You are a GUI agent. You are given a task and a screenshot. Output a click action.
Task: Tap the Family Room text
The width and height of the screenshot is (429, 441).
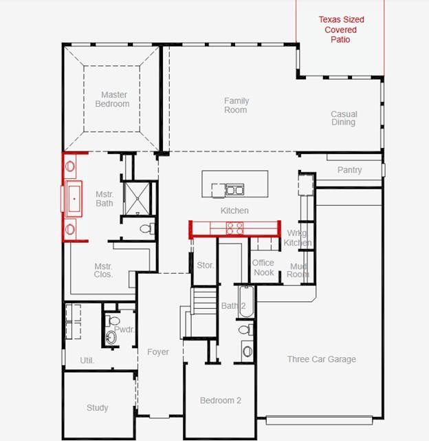click(x=236, y=105)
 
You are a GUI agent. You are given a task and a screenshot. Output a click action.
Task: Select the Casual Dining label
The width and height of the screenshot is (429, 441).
click(x=343, y=118)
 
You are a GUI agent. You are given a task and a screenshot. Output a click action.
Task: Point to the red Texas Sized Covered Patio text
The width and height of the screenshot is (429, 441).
click(x=341, y=30)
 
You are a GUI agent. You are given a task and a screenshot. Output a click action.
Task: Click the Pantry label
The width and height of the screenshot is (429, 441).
click(x=349, y=170)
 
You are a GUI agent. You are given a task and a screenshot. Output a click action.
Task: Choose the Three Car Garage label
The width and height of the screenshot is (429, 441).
click(x=321, y=359)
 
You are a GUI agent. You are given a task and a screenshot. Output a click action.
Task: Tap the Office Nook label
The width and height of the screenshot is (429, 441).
click(x=263, y=268)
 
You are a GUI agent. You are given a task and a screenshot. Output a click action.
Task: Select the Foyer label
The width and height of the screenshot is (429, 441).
click(x=158, y=352)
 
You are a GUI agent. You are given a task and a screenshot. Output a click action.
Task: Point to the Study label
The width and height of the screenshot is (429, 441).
click(x=97, y=408)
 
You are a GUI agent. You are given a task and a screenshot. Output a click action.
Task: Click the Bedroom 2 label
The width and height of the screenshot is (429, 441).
click(x=220, y=400)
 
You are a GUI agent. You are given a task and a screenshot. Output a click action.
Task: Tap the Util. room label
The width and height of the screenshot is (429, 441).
click(x=87, y=361)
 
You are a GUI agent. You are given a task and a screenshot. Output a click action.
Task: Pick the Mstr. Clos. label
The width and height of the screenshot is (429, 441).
click(x=104, y=270)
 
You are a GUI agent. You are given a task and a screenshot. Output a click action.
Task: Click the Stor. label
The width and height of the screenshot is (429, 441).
click(x=205, y=265)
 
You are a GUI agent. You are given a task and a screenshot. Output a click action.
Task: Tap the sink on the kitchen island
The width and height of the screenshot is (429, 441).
click(x=234, y=190)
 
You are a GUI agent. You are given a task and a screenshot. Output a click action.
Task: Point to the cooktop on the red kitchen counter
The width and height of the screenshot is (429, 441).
click(x=234, y=228)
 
